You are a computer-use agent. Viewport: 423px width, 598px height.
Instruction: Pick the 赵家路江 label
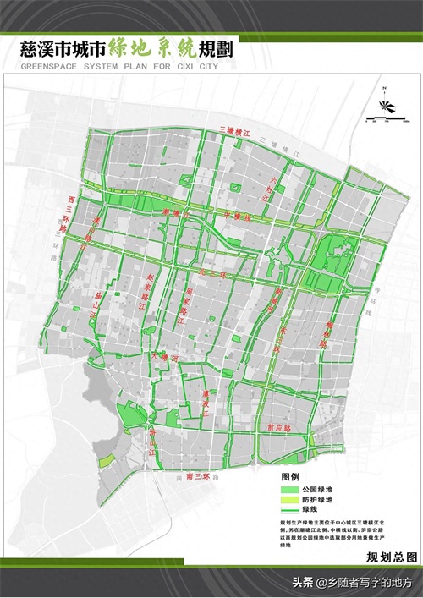[151, 288]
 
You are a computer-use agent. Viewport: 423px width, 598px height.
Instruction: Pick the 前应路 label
[279, 428]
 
